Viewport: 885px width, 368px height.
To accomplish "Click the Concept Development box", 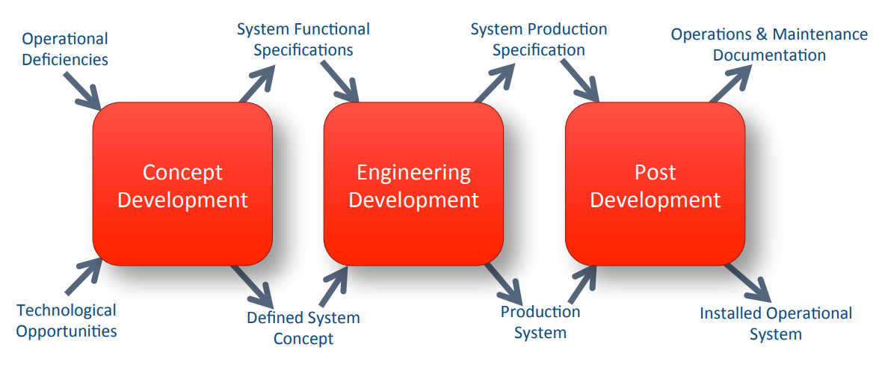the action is [x=182, y=184].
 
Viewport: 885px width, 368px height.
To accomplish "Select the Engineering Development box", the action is [x=413, y=184].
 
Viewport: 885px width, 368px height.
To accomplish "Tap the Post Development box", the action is [x=656, y=184].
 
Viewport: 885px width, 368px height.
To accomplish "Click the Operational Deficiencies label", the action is [x=65, y=49].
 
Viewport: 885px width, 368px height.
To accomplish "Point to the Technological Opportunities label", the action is [x=67, y=320].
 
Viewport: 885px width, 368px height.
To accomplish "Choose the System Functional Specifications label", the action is [x=303, y=39].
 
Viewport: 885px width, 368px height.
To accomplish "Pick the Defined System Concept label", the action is [x=303, y=328].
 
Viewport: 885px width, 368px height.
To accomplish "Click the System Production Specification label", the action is [x=539, y=39].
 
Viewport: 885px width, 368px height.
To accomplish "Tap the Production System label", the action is [x=540, y=322].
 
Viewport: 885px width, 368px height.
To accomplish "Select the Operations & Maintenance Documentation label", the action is [x=769, y=45].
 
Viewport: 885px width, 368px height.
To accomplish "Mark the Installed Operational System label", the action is [x=776, y=323].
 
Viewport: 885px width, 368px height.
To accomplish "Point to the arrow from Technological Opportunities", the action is [x=84, y=276].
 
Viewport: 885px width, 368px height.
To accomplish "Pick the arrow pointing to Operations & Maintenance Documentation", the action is [x=730, y=84].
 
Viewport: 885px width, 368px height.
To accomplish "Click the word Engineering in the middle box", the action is [x=413, y=172].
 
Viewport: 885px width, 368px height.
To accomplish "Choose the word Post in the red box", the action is [x=656, y=172].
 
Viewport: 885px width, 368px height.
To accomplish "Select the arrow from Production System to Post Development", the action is [x=582, y=284].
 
